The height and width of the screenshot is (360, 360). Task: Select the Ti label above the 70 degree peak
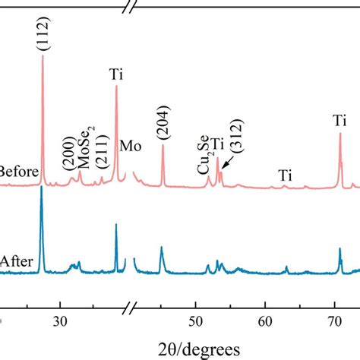click(339, 121)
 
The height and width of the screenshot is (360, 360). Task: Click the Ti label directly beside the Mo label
click(116, 74)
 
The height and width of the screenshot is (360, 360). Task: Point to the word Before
click(19, 172)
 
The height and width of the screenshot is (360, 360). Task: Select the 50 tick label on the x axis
click(196, 321)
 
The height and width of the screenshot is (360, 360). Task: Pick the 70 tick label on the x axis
click(335, 321)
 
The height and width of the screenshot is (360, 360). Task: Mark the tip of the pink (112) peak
click(42, 56)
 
